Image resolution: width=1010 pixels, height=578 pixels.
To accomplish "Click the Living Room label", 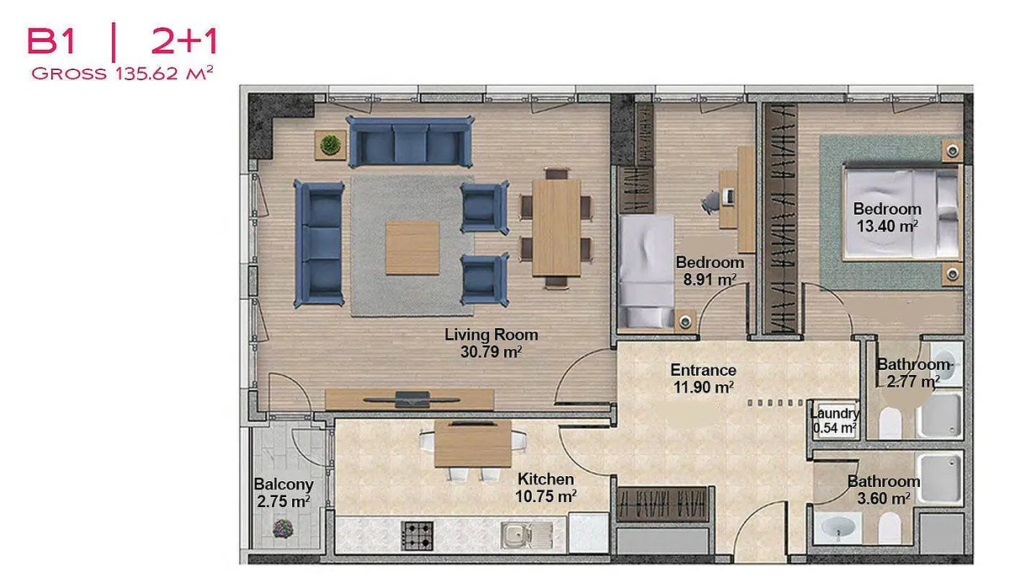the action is click(x=491, y=334).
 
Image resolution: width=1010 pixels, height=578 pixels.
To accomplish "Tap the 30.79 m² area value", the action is click(x=491, y=352).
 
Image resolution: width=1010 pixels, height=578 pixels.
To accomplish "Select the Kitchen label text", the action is click(x=545, y=479).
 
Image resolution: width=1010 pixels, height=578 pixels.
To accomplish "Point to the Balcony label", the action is click(x=284, y=484).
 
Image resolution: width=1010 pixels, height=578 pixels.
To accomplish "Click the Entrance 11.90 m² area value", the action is click(x=704, y=387).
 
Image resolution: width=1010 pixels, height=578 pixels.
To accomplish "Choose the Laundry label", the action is click(x=835, y=414).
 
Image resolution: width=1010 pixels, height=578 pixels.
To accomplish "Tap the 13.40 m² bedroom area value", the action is click(x=887, y=226).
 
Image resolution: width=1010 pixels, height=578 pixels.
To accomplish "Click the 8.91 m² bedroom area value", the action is click(x=710, y=280).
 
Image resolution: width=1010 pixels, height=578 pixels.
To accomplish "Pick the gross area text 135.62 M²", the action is click(x=164, y=73).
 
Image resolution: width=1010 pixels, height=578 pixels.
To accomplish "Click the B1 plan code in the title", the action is click(x=50, y=41).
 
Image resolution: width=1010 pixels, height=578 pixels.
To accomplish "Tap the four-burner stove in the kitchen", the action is click(x=417, y=536).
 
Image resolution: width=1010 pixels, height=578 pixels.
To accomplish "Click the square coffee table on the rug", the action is click(x=412, y=248).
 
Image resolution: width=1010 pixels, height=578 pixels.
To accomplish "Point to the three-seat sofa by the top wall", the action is click(x=410, y=142).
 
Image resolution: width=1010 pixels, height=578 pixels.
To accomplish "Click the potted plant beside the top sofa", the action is click(x=331, y=145).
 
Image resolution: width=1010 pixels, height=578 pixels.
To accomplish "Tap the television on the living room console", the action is click(x=412, y=399).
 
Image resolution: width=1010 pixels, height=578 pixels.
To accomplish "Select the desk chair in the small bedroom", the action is click(x=710, y=202).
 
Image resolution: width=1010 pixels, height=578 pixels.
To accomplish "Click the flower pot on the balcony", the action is click(x=283, y=528).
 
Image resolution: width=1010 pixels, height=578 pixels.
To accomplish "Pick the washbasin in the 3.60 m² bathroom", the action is click(x=837, y=527).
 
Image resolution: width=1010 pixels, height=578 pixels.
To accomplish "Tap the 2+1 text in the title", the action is click(x=184, y=41).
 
